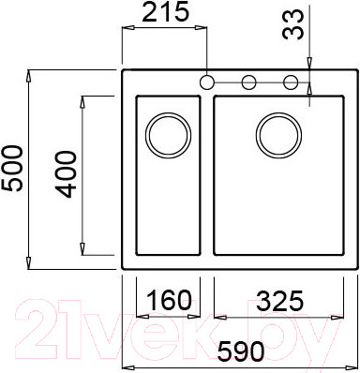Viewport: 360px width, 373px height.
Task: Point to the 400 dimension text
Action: [67, 173]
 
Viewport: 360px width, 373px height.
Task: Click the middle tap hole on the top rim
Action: [248, 82]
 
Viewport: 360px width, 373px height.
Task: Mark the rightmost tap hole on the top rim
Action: [291, 82]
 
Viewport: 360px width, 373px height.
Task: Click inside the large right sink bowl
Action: [272, 201]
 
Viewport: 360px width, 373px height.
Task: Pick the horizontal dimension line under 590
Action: [239, 366]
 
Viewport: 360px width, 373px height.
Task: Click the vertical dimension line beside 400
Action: [87, 173]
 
